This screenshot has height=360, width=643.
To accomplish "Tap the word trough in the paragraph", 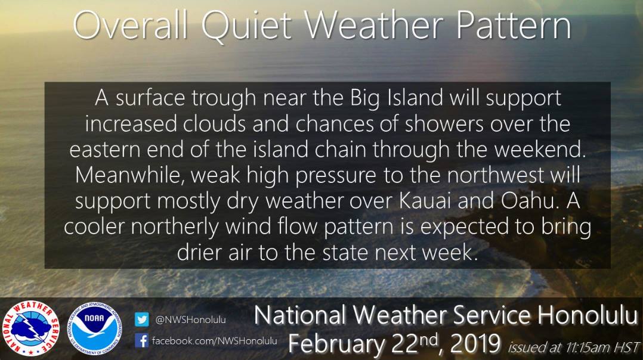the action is click(x=224, y=99).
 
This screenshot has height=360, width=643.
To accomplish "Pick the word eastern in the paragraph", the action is click(x=105, y=150).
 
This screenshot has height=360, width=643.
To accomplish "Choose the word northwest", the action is click(x=495, y=175).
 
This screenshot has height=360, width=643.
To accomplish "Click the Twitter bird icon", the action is click(x=141, y=319).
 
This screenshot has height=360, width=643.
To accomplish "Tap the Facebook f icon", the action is click(x=141, y=340).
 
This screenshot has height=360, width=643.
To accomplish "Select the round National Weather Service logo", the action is click(x=31, y=328).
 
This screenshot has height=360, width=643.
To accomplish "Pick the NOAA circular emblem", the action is click(x=94, y=328).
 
